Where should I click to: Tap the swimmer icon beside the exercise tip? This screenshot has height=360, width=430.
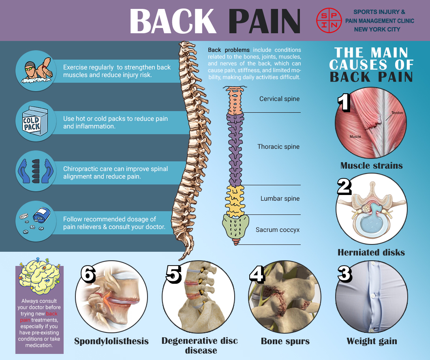pos(36,71)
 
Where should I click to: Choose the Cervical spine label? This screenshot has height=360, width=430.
pos(280,99)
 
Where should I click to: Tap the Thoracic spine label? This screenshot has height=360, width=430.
pos(278,147)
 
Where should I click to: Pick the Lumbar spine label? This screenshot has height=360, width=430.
pos(280,199)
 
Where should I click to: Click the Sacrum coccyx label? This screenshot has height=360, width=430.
pos(278,230)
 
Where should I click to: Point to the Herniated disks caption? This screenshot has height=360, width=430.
pos(371,253)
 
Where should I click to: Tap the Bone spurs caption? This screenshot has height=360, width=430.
pos(286,341)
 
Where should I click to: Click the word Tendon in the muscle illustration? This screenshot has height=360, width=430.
pos(397,113)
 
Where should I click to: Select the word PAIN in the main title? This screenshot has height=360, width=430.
pos(264,21)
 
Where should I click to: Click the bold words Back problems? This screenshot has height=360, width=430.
pos(229,50)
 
